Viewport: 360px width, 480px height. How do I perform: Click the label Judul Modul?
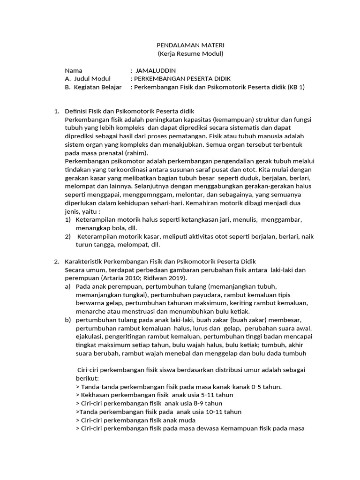[x=93, y=79]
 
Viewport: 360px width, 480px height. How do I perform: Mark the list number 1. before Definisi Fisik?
[x=57, y=111]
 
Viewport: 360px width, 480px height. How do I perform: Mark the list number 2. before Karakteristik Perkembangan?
[x=57, y=261]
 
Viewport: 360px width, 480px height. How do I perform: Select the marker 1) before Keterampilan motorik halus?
[x=67, y=219]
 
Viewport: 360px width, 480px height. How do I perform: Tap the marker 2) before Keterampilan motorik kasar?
[x=67, y=236]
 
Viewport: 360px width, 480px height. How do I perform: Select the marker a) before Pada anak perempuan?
[x=68, y=286]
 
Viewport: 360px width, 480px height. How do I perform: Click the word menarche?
[x=90, y=311]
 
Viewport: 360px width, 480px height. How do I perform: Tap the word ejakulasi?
[x=90, y=337]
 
